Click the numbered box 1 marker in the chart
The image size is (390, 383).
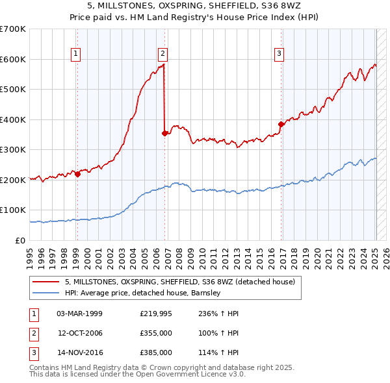coord(77,54)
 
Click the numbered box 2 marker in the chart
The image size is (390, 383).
coord(162,54)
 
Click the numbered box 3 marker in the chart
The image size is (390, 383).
coord(279,54)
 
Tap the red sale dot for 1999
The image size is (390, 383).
coord(77,174)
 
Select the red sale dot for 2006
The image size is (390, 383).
coord(164,134)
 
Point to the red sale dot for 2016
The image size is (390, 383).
coord(281,124)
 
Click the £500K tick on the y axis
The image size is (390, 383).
coord(13,89)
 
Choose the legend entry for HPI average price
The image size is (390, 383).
coord(143,293)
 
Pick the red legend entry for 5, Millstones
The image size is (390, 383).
coord(180,282)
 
